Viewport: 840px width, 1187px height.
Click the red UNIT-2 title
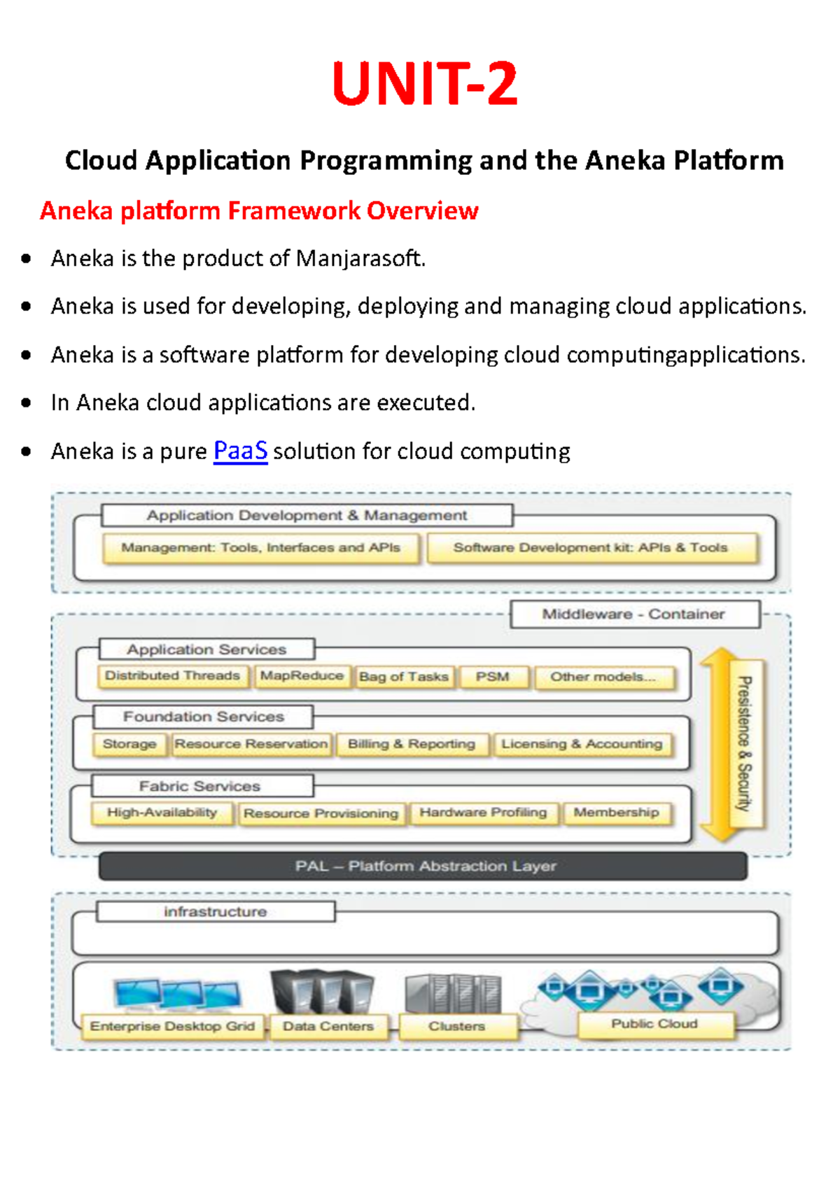(x=425, y=84)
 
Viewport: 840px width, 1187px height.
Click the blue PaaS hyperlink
(x=240, y=451)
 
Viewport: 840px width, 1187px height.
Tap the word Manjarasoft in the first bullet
(x=360, y=258)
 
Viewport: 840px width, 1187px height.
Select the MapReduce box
(x=302, y=676)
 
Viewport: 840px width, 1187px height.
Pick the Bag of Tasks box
(x=403, y=677)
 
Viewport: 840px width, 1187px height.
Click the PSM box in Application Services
(x=492, y=677)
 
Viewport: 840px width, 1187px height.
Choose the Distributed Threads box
(x=172, y=676)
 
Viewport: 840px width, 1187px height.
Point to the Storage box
(x=129, y=744)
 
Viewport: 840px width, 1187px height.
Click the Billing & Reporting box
(x=412, y=744)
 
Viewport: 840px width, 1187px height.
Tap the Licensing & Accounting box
(x=582, y=744)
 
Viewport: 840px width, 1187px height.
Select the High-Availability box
(x=162, y=813)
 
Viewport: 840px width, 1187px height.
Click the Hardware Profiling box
(x=483, y=813)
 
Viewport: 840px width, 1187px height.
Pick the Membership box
(x=616, y=813)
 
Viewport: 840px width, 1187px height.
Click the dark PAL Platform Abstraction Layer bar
(x=423, y=866)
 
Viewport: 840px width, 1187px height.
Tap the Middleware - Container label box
(x=634, y=614)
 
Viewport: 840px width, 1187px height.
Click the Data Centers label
(x=328, y=1026)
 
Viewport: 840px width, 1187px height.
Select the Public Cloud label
(x=654, y=1024)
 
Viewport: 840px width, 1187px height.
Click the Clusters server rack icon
(x=453, y=993)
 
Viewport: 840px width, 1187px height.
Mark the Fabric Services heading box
(x=201, y=786)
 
